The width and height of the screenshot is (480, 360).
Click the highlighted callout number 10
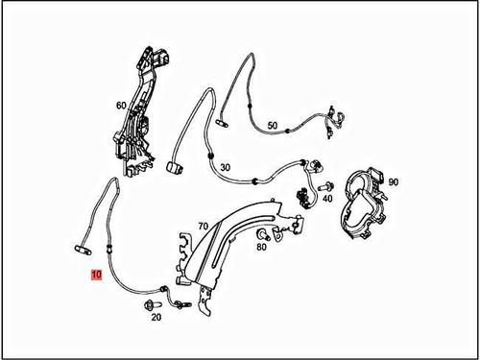click(x=95, y=274)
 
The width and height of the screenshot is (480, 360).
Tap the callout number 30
click(x=226, y=168)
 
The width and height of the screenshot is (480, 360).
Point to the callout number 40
click(x=327, y=198)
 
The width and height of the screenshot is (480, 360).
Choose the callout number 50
click(x=273, y=126)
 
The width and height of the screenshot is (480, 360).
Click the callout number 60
click(x=121, y=105)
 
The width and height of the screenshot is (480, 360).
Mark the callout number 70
click(x=203, y=227)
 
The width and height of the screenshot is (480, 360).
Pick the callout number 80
click(x=261, y=247)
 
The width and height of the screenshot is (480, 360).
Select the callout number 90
click(x=394, y=181)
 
